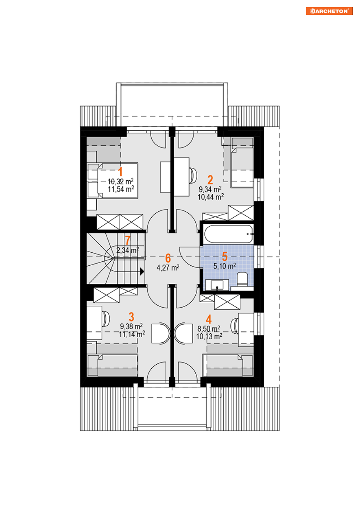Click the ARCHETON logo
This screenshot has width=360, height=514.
click(329, 11)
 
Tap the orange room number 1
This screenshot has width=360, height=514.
click(120, 172)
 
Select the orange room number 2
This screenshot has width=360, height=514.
click(210, 180)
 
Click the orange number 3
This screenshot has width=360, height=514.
click(131, 317)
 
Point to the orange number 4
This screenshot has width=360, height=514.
click(209, 319)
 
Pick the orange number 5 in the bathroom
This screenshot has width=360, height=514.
click(225, 257)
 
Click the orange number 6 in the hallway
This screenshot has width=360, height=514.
click(168, 258)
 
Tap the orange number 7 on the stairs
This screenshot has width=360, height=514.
click(128, 240)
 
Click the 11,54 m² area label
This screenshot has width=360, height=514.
click(121, 189)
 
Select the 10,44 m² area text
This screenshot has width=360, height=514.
click(211, 197)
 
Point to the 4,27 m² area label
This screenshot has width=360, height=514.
click(168, 267)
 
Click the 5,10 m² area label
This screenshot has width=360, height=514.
click(224, 266)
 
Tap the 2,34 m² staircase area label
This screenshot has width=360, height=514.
click(127, 250)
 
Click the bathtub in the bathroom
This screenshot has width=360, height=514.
click(229, 234)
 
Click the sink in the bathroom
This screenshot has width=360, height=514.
click(217, 285)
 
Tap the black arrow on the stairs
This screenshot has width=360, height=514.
click(142, 271)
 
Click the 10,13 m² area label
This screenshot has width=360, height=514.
click(209, 337)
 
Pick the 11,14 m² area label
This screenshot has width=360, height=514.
click(132, 334)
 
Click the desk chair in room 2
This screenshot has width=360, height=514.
click(193, 176)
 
